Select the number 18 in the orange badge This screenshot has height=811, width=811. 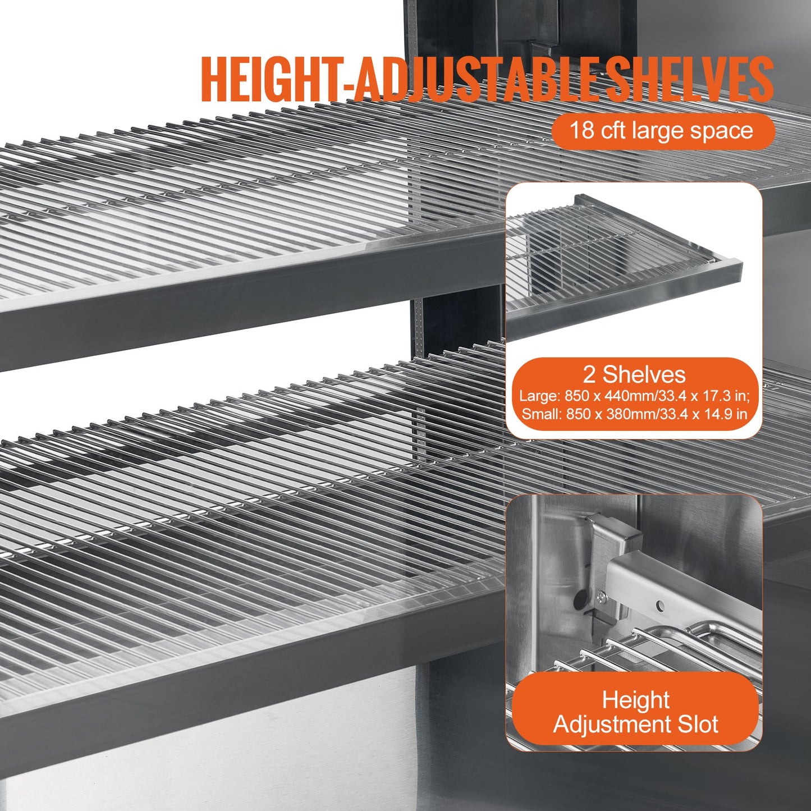click(582, 131)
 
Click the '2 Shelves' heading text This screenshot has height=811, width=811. click(634, 374)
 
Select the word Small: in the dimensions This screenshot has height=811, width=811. click(541, 415)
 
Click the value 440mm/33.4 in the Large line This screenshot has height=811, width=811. click(639, 396)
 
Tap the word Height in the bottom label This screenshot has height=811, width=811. click(635, 700)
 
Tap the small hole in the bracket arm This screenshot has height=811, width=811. click(661, 605)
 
